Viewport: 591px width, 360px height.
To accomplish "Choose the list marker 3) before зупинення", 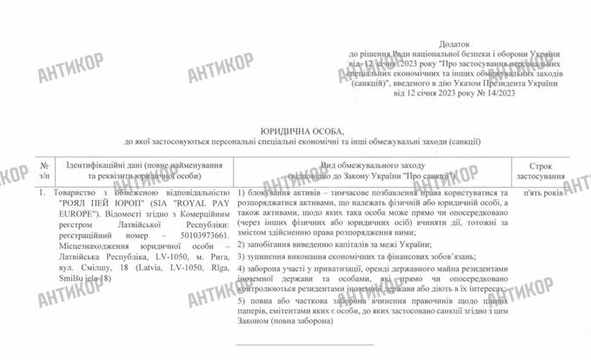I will pos(240,258).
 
